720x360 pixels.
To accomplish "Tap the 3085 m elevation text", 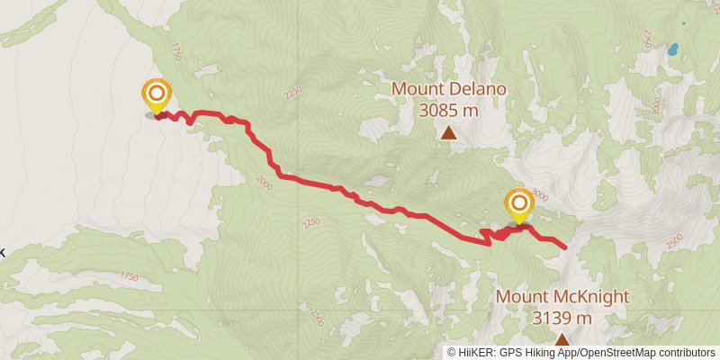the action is point(448,111).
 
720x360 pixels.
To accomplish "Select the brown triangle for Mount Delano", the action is point(448,133).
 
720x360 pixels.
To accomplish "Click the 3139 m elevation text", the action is point(562,318).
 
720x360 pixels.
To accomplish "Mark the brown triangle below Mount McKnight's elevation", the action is point(562,339).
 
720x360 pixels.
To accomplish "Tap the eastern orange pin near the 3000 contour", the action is point(518,203).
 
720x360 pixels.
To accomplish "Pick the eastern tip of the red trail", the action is point(566,246).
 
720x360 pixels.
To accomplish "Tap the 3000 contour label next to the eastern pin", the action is point(539,193).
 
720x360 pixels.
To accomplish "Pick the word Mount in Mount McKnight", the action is point(521,297).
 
